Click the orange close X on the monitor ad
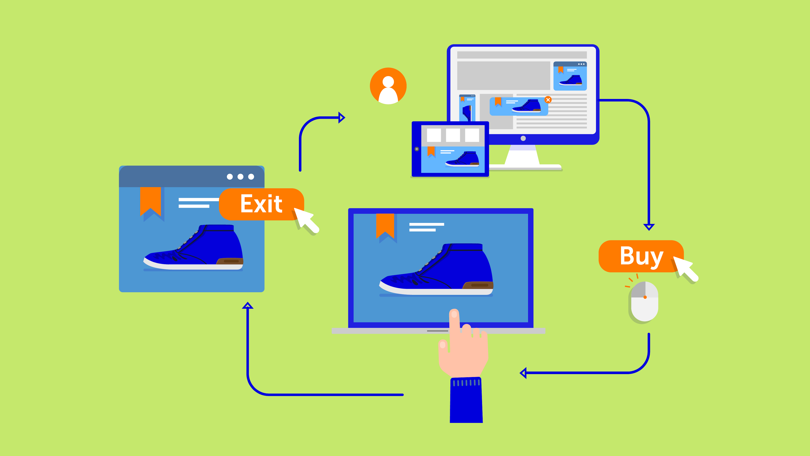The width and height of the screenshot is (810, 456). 548,100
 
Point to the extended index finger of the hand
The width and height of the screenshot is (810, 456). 454,327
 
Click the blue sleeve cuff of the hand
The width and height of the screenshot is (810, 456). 466,400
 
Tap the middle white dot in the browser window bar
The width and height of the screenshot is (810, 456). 240,176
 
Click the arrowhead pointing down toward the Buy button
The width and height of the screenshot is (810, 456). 649,227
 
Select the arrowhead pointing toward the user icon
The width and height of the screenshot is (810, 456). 342,118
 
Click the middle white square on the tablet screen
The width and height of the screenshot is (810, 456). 453,135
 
